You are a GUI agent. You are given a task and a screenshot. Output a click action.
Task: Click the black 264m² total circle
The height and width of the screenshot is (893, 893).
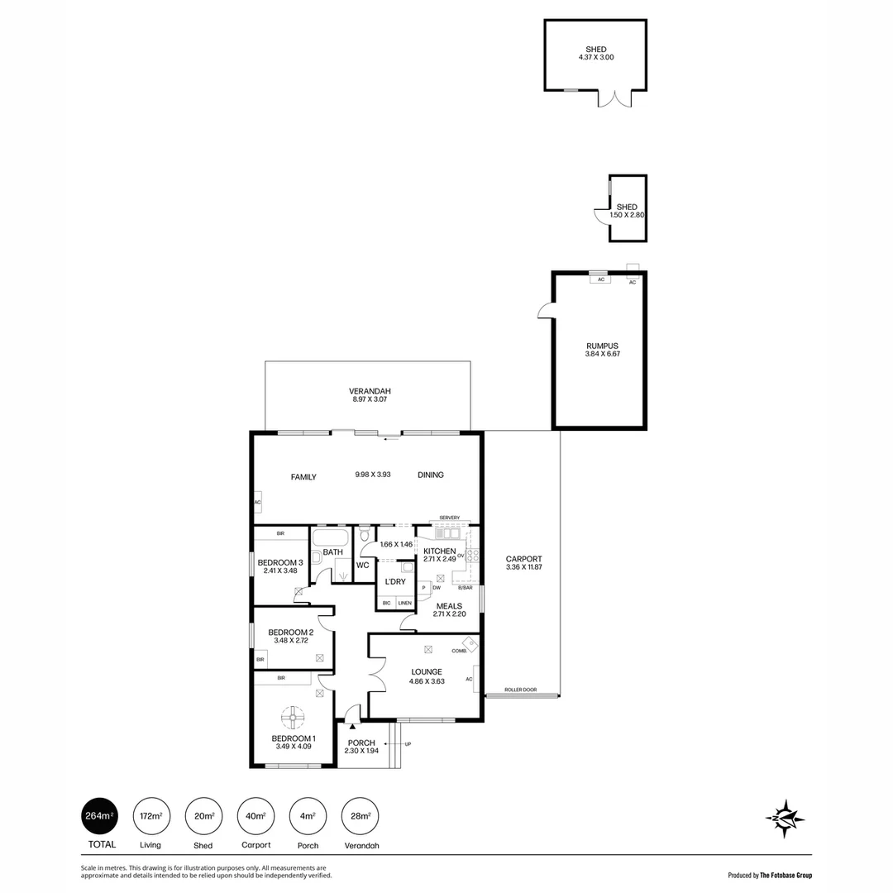[98, 816]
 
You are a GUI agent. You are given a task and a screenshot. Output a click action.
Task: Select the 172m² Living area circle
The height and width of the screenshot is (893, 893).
[150, 816]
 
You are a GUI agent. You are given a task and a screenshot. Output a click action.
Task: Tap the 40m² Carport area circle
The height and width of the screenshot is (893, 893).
[255, 816]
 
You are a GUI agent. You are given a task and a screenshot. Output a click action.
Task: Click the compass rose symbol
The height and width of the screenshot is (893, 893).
[785, 819]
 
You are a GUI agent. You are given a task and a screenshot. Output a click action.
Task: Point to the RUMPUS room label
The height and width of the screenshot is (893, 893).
[602, 346]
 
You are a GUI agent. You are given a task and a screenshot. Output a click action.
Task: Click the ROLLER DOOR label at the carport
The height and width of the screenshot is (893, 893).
[520, 690]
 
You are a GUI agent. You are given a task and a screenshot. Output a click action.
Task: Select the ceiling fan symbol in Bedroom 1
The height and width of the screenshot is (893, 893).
[293, 716]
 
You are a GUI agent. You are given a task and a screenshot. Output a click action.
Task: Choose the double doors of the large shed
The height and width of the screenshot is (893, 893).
[614, 98]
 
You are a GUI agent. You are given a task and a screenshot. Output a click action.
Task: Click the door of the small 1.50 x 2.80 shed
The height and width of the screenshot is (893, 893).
[601, 216]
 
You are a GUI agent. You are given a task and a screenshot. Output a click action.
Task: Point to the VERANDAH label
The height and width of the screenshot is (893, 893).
[369, 391]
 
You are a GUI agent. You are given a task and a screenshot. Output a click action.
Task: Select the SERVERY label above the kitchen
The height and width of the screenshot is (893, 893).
[449, 518]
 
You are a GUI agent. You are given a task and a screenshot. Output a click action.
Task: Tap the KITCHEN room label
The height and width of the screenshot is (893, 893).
[439, 551]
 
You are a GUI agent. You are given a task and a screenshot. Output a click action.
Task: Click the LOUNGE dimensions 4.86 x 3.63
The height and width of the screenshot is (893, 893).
[427, 681]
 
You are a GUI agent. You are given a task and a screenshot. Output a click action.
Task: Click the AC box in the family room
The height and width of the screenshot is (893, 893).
[257, 502]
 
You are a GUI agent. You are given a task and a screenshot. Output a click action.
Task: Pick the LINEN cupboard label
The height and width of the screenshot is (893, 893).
[404, 603]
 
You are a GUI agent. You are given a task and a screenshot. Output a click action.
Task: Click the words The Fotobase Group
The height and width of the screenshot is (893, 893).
[786, 875]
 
